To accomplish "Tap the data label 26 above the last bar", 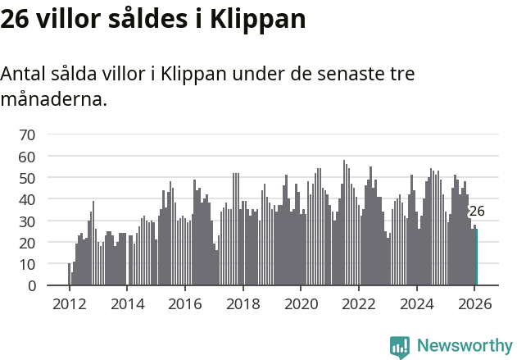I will pos(476,211).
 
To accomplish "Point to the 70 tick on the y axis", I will pos(27,134).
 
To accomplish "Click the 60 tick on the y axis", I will pos(27,156).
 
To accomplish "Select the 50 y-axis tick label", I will pos(27,178).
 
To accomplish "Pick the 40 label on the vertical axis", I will pos(27,199).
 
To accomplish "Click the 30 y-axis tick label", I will pos(27,221).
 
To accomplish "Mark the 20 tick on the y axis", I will pos(27,243).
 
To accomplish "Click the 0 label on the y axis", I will pos(32,286).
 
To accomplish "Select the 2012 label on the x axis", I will pos(69,303).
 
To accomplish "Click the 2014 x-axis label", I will pos(127,303).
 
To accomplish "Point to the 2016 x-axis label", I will pos(185,303).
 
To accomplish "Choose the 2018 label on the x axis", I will pos(243,303).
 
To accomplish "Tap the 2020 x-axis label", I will pos(301,303).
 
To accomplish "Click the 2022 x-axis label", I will pos(359,303).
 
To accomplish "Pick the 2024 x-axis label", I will pos(417,303).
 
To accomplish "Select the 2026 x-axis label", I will pos(475,303).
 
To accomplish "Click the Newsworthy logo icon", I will pos(400,347).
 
